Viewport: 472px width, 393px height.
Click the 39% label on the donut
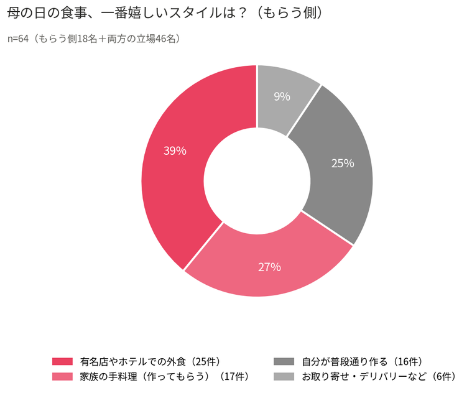[x=175, y=150]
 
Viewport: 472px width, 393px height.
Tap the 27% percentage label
[x=269, y=267]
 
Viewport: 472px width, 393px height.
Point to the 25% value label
[x=343, y=164]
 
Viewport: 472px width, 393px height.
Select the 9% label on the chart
[x=282, y=96]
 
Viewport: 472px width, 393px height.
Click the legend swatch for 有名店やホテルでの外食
[x=63, y=361]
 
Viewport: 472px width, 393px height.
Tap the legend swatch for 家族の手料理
[x=63, y=376]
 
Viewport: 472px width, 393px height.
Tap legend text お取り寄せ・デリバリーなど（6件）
[x=379, y=376]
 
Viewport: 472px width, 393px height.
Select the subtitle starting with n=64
[x=94, y=39]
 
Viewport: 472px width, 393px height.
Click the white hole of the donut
[x=257, y=181]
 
